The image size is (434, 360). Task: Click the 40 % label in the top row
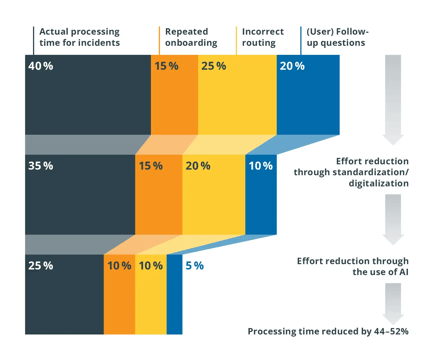(41, 66)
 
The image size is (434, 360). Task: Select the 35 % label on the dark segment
(41, 165)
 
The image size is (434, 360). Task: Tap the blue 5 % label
(194, 265)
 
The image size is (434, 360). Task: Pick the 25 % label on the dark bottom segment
(41, 265)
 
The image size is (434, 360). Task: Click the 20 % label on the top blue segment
(293, 66)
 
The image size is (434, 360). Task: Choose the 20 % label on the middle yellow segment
(198, 165)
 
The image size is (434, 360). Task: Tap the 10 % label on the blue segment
(259, 165)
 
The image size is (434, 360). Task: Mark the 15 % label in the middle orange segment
(151, 165)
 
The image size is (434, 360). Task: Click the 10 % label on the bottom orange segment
(118, 265)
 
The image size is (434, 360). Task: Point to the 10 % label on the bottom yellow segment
(151, 265)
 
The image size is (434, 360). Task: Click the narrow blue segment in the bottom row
(175, 295)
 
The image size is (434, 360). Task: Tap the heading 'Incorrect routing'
(261, 37)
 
